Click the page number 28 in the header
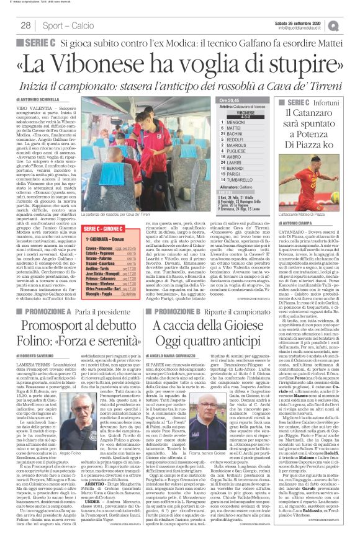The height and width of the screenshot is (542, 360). pos(26,25)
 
